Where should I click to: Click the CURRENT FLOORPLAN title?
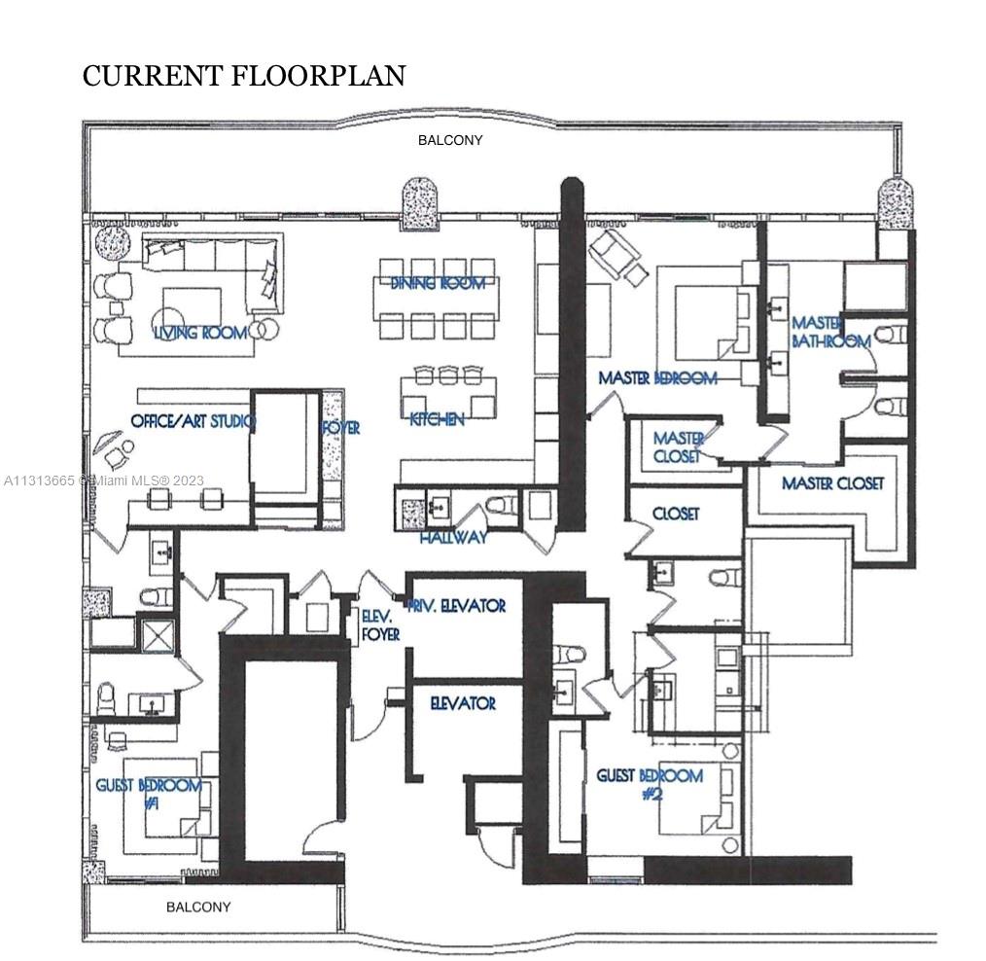(243, 75)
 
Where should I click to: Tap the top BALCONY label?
(450, 140)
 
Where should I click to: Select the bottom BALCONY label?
(198, 907)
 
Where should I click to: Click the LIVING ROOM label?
(200, 333)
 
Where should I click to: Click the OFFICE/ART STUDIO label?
(192, 421)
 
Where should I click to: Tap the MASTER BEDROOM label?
(657, 377)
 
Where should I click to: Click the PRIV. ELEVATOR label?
(458, 605)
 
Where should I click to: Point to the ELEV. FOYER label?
(380, 624)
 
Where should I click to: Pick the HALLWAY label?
(453, 537)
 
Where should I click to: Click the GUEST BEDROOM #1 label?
(148, 794)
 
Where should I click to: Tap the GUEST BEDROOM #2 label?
(649, 784)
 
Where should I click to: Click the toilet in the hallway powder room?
(503, 506)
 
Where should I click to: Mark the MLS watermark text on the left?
(102, 480)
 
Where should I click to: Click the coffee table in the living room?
(191, 304)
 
